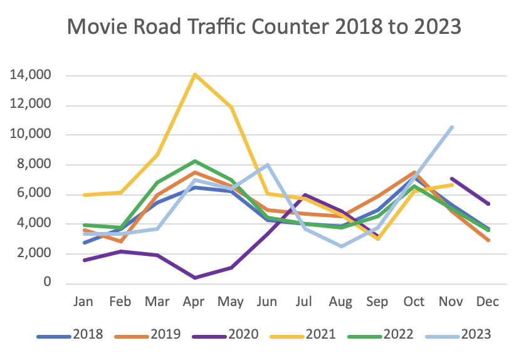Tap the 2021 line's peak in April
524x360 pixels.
tap(196, 75)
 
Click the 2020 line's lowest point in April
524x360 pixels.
tap(196, 277)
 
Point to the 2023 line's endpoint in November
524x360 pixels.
tap(452, 127)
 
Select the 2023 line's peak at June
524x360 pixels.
tap(268, 165)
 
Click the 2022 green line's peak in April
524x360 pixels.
tap(196, 161)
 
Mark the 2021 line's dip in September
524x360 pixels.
tap(378, 239)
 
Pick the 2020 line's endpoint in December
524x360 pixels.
tap(488, 204)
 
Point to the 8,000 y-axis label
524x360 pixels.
tap(35, 165)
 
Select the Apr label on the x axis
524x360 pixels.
tap(196, 302)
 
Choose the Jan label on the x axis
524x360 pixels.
tap(84, 302)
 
